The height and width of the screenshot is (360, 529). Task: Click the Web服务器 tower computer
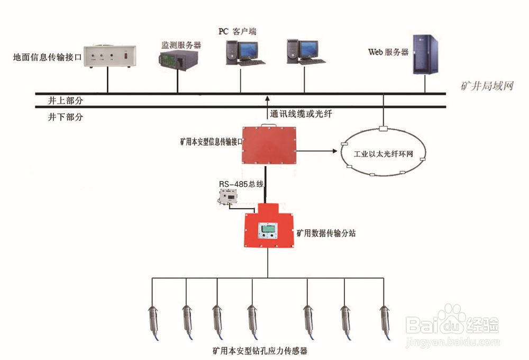[426, 55]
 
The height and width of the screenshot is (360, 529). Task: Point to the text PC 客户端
[238, 31]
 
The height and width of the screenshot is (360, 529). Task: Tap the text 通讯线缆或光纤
[300, 113]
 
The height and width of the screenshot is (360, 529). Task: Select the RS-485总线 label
[241, 184]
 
